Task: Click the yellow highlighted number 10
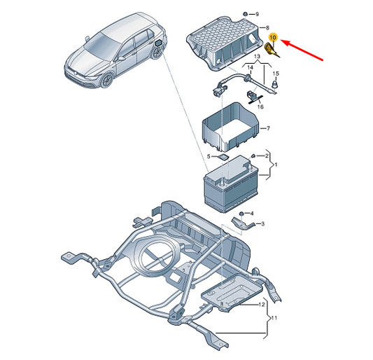273,37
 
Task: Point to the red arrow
302,50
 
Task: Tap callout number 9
257,14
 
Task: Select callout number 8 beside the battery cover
267,28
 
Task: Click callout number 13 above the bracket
257,57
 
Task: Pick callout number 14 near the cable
250,67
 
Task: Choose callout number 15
276,74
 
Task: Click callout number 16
260,106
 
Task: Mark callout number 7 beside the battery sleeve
268,128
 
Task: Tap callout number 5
209,156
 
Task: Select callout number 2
267,156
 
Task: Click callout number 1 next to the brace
276,165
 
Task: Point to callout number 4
252,214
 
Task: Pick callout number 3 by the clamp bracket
262,224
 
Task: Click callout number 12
262,305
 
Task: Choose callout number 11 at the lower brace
274,318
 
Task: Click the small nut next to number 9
245,14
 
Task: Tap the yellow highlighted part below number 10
271,50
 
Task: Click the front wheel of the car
106,81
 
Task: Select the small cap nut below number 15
275,83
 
